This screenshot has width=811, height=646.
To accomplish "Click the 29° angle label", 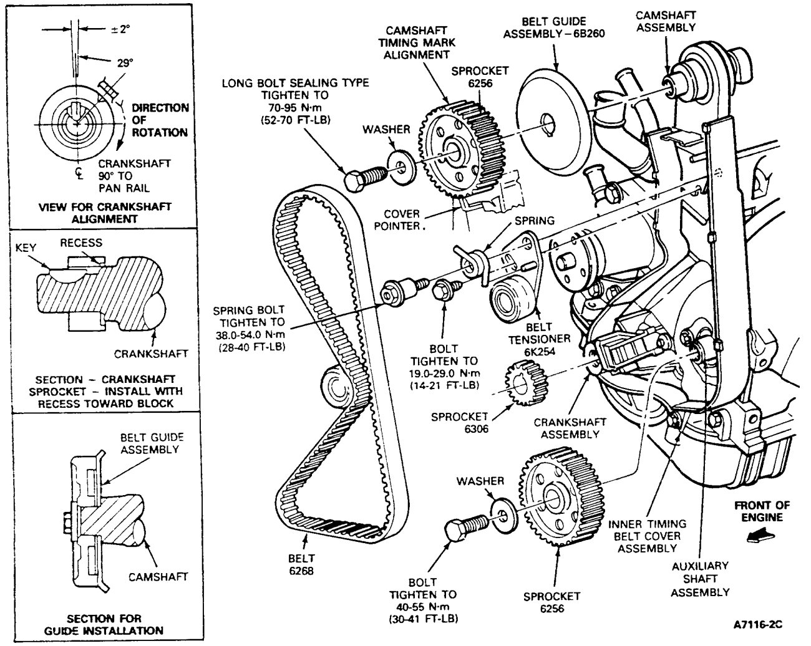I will click(x=125, y=62).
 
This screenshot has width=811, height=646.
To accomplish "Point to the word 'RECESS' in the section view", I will click(x=81, y=242).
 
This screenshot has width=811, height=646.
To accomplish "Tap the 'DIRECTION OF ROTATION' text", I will click(x=159, y=120).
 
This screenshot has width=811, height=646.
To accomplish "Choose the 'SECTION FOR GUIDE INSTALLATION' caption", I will click(x=104, y=624).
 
